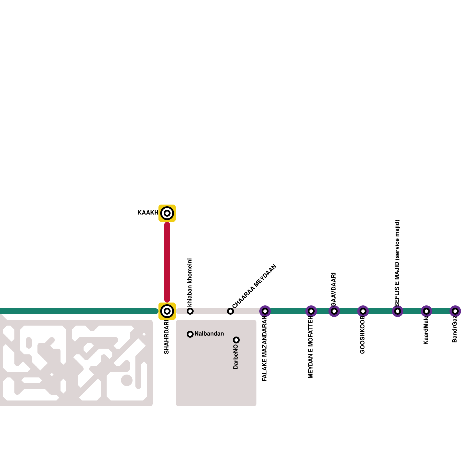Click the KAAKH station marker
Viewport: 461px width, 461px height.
click(x=167, y=213)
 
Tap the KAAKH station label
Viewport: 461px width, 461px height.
click(x=148, y=213)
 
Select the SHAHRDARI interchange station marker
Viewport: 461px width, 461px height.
click(x=167, y=311)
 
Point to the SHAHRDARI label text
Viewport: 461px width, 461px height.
click(x=167, y=337)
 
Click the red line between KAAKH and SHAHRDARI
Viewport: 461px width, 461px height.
click(x=167, y=262)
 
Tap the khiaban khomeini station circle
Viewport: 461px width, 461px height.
click(x=190, y=311)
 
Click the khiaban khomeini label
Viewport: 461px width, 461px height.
click(x=190, y=282)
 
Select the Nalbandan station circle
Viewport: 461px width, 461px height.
click(x=190, y=334)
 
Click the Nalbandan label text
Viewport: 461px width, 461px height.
click(x=209, y=334)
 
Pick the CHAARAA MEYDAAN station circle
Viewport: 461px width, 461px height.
click(x=231, y=311)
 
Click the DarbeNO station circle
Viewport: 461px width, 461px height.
click(x=236, y=340)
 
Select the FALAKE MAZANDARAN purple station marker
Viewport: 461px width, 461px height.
click(x=265, y=311)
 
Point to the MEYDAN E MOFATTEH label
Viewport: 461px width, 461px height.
click(x=311, y=347)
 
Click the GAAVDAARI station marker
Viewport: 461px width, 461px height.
click(x=334, y=311)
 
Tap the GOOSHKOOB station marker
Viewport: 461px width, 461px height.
click(x=363, y=311)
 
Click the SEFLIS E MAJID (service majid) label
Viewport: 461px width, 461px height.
click(x=397, y=263)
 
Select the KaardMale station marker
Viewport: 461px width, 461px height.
click(x=426, y=311)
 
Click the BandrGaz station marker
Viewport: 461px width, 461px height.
click(x=455, y=311)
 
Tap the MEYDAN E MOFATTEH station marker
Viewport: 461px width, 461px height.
click(x=311, y=311)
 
